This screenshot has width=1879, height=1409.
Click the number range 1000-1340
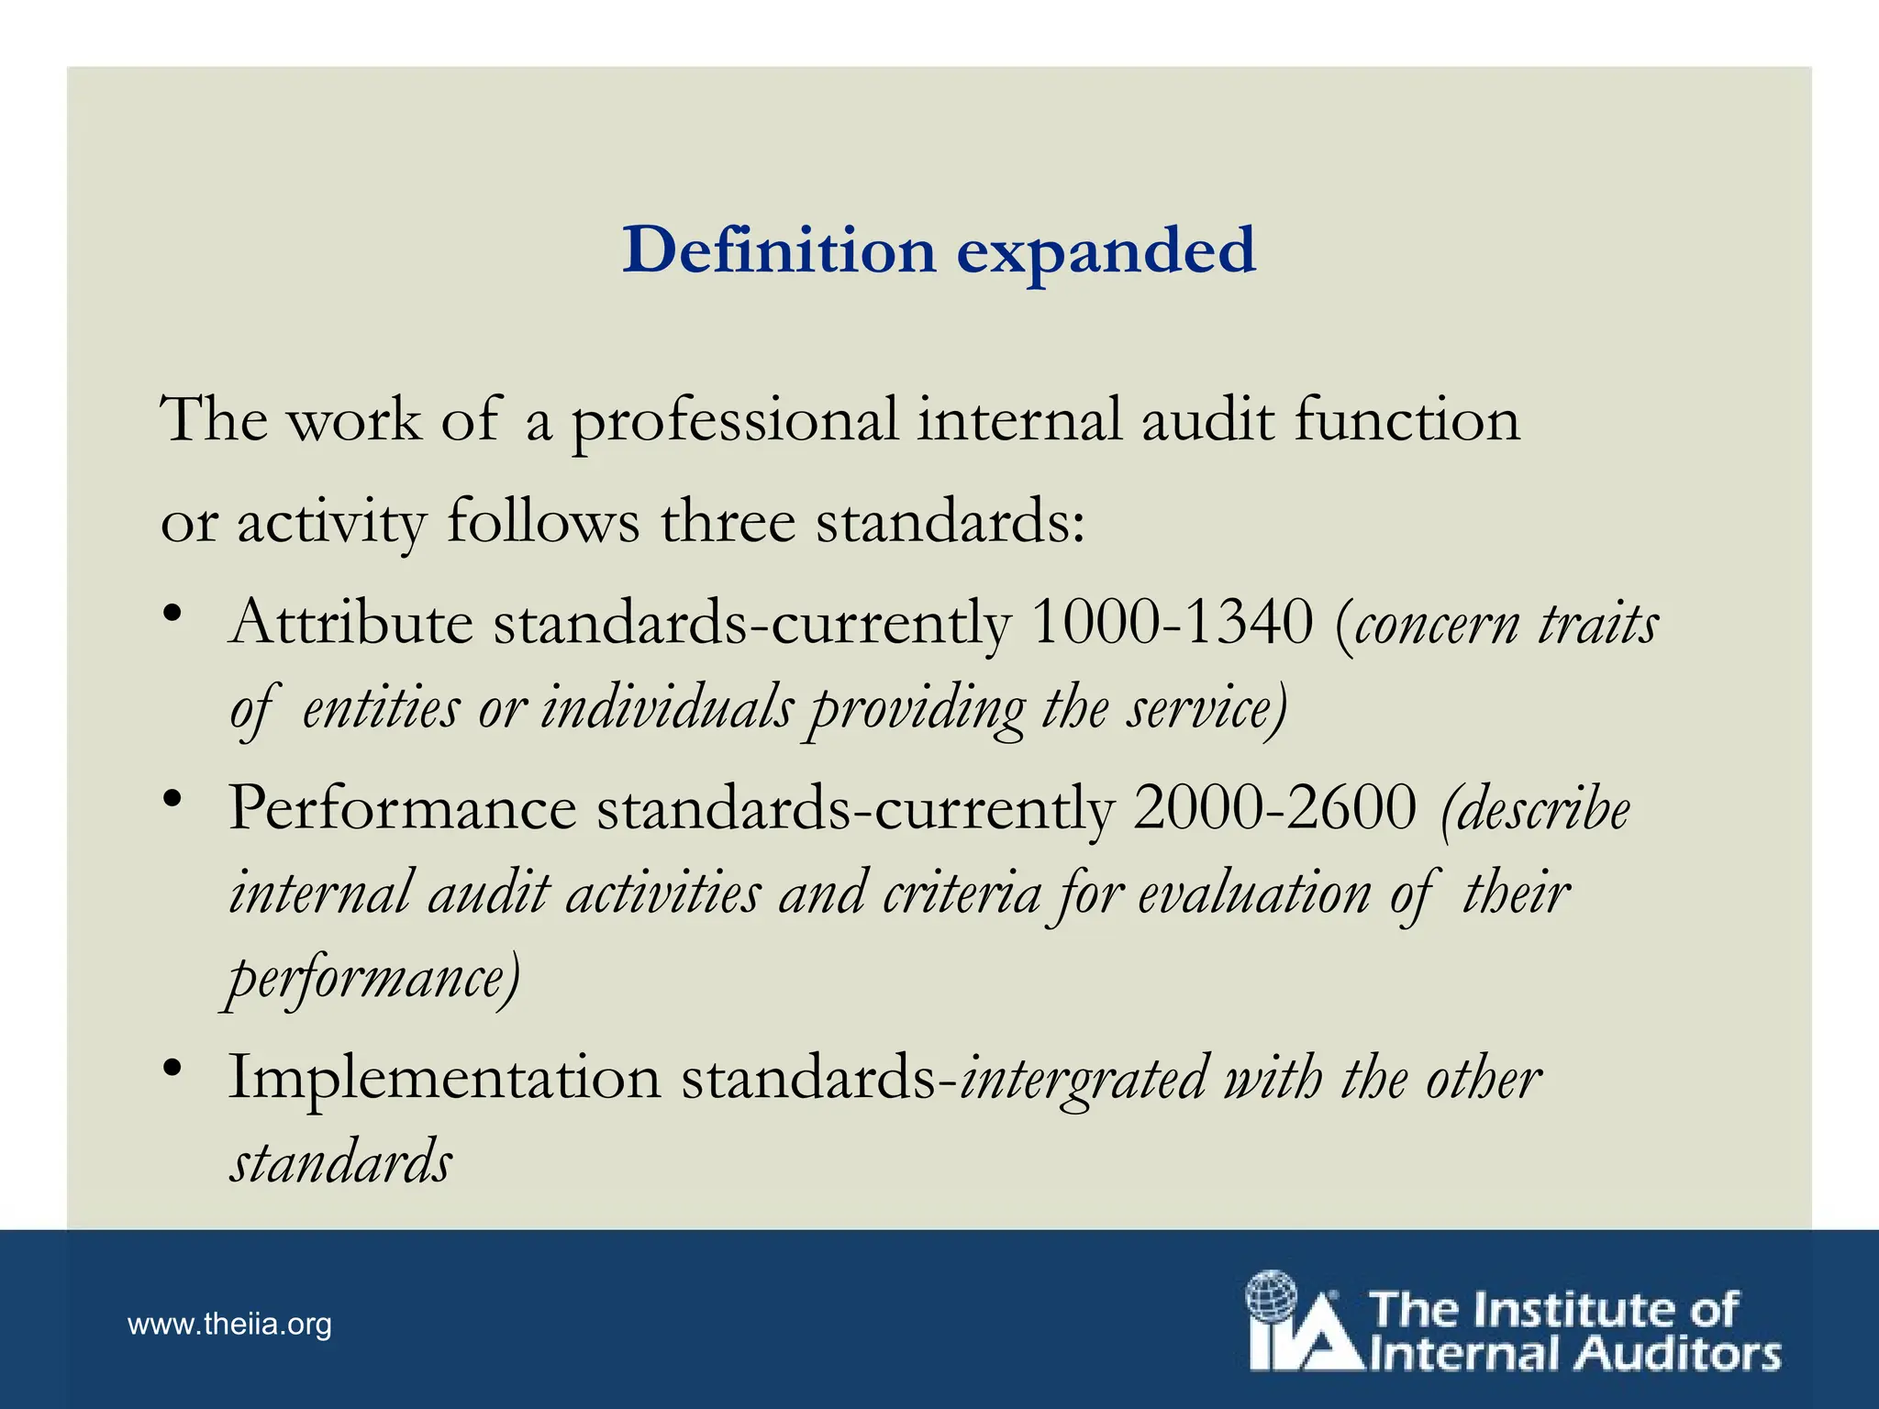pyautogui.click(x=1173, y=623)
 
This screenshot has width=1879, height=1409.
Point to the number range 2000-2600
pyautogui.click(x=1274, y=808)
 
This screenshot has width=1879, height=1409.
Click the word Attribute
pyautogui.click(x=350, y=623)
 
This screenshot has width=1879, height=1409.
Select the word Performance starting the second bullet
pyautogui.click(x=402, y=808)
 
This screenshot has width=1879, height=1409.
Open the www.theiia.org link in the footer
pyautogui.click(x=229, y=1325)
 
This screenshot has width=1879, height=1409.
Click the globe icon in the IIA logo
pyautogui.click(x=1271, y=1295)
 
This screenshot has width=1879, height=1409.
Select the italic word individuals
pyautogui.click(x=666, y=709)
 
